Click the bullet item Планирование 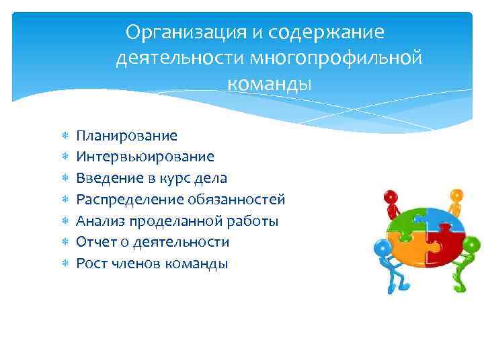tap(126, 136)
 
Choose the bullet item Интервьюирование tap(145, 157)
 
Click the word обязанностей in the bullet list tap(243, 200)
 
